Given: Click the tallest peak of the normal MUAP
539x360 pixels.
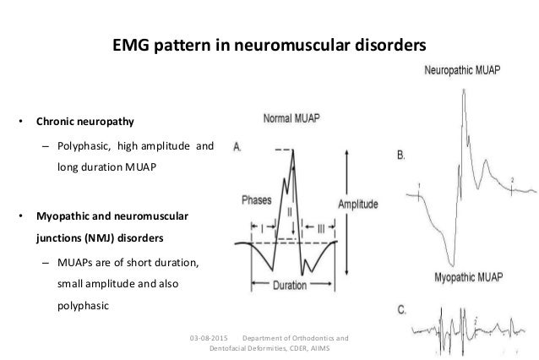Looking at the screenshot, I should click(293, 150).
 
